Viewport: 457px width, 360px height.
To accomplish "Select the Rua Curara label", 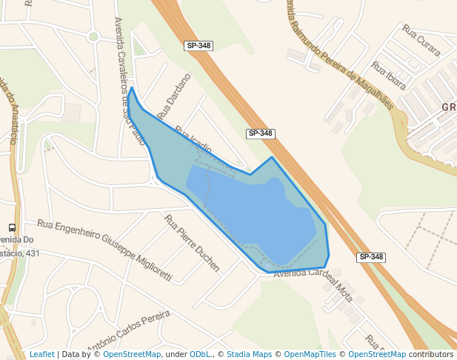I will coord(421,40).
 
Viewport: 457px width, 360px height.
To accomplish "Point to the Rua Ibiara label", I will coord(390,76).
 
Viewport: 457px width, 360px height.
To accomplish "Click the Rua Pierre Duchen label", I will coord(192,243).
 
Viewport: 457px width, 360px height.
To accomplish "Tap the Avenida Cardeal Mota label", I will coord(314,279).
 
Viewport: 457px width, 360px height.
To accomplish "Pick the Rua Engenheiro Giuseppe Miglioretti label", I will coord(104,250).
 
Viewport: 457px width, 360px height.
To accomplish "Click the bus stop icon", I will coord(12,228).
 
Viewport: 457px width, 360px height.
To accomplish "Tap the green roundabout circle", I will coord(93,36).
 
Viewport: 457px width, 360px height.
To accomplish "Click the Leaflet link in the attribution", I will coord(41,355).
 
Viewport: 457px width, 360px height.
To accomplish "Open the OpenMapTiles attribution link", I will coord(312,355).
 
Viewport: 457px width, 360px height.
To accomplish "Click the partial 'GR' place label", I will coord(449,107).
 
